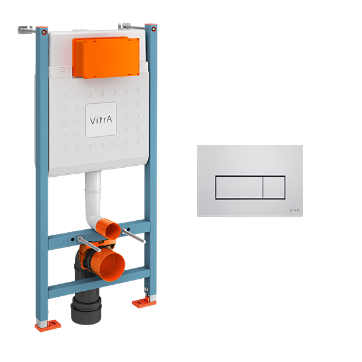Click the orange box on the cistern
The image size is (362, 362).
(x=105, y=57)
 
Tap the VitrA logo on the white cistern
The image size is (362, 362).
(x=100, y=119)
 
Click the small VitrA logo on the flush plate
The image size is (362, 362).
(x=294, y=209)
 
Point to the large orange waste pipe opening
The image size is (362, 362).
(x=109, y=263)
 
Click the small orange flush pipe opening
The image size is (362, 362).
(x=106, y=230)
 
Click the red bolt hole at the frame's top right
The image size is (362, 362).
(x=154, y=28)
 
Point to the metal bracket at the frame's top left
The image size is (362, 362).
(x=27, y=29)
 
